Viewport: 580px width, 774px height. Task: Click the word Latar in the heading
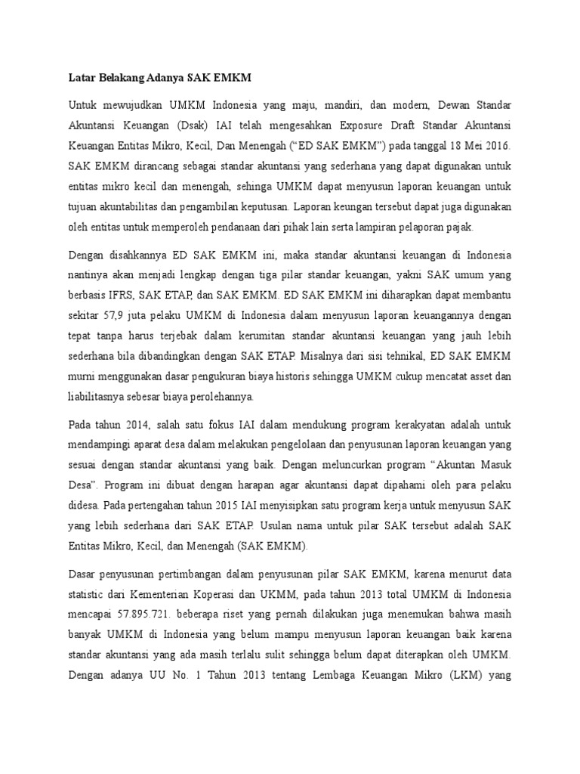[82, 77]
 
